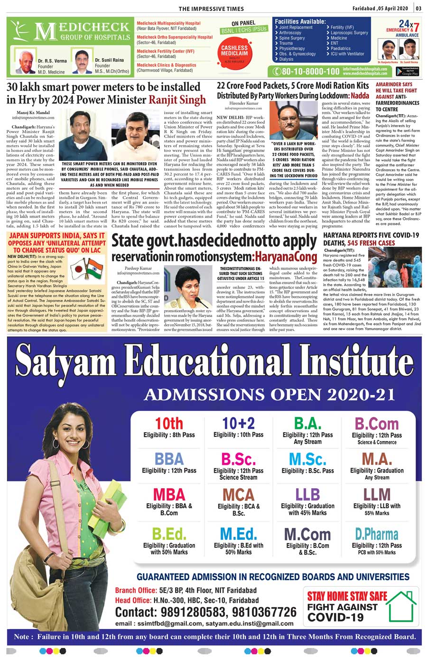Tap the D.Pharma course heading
377,534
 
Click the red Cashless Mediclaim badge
234,51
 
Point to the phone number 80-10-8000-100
307,72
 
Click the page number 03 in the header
418,8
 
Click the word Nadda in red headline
359,95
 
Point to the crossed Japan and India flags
87,268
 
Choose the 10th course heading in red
169,423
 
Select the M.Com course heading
307,534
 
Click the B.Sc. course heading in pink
238,459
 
